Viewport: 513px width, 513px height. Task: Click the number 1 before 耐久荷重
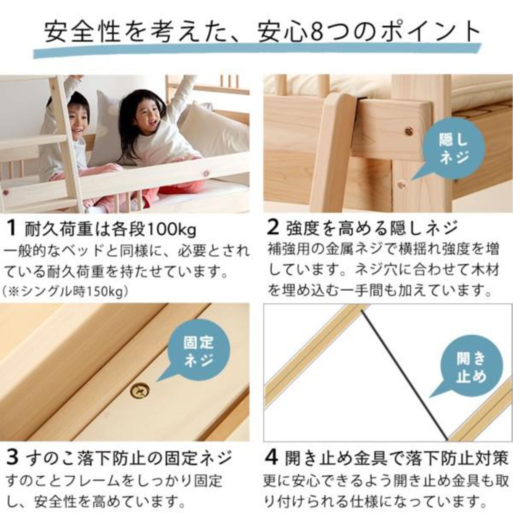tap(12, 228)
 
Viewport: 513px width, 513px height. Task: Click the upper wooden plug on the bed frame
tap(409, 132)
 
